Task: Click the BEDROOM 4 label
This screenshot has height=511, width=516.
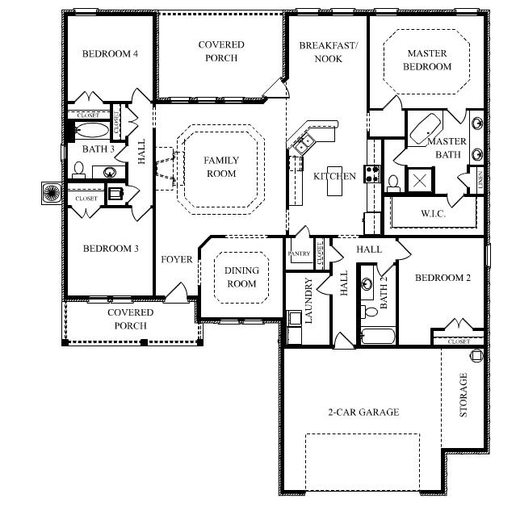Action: pos(110,53)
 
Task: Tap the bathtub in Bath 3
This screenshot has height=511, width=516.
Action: pos(91,130)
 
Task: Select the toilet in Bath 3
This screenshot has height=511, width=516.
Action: pos(78,170)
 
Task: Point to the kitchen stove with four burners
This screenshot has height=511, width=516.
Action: pos(372,174)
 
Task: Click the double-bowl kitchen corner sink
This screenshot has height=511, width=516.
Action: pos(304,144)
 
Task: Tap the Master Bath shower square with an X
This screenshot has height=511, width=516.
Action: pos(420,180)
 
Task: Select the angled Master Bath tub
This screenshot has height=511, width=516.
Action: pos(426,128)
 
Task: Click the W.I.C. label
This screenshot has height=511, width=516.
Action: pos(433,214)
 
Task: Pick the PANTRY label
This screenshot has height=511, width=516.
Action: pos(299,253)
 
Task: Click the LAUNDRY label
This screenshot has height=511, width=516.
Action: pos(308,300)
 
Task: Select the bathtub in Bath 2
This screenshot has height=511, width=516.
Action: pos(378,336)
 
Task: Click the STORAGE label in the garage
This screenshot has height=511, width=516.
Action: pos(463,395)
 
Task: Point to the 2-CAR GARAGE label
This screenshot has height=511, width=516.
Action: pos(363,412)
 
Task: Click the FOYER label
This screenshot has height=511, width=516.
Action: pos(177,260)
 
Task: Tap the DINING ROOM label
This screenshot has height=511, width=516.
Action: pos(241,277)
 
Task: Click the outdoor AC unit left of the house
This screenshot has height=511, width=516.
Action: pos(52,193)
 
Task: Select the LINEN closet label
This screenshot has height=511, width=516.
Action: pos(480,179)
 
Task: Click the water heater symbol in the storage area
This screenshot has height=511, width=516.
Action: pos(476,355)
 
